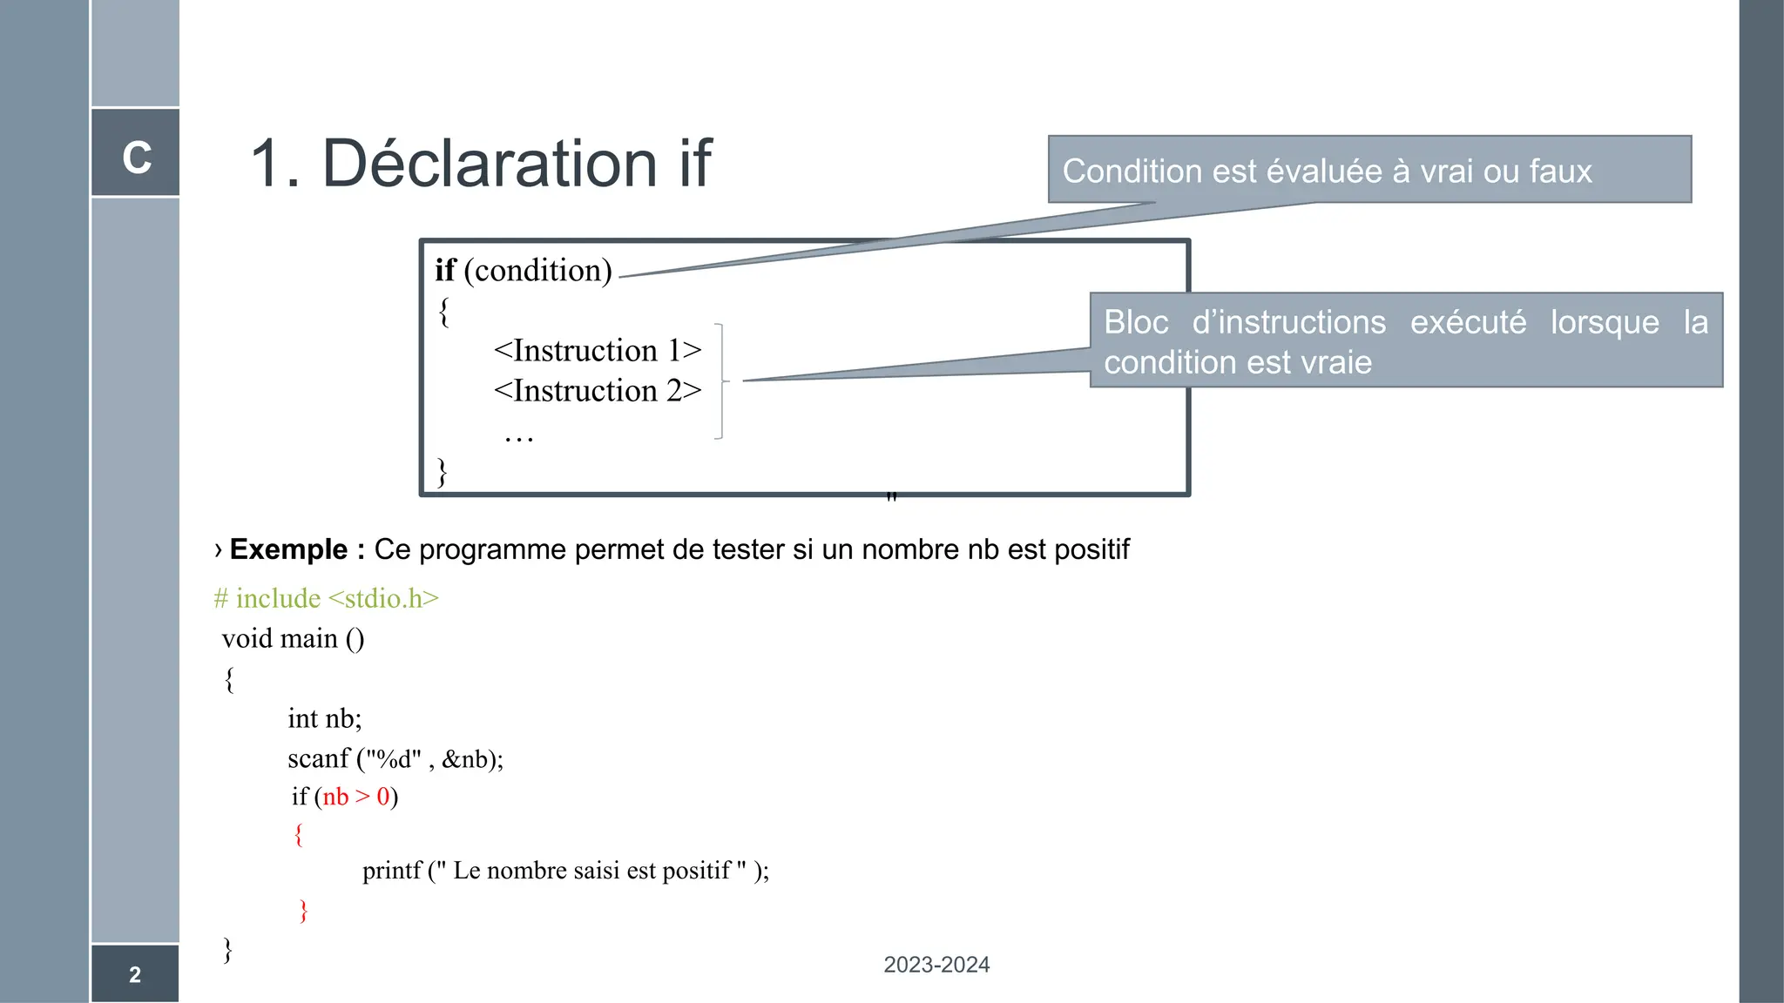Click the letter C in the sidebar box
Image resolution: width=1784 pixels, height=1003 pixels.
pyautogui.click(x=137, y=158)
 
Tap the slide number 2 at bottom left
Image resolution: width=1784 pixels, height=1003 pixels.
pyautogui.click(x=135, y=974)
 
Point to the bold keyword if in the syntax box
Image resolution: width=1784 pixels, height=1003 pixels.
pyautogui.click(x=445, y=271)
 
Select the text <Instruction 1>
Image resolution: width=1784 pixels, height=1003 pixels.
pyautogui.click(x=598, y=351)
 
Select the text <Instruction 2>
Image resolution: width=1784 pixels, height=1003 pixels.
pyautogui.click(x=598, y=391)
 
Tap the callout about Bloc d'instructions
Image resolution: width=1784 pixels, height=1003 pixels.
pyautogui.click(x=1405, y=341)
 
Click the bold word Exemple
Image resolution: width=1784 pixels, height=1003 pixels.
pyautogui.click(x=288, y=549)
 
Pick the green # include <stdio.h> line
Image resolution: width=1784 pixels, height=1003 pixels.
pyautogui.click(x=326, y=598)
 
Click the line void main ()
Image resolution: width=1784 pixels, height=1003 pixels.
pyautogui.click(x=293, y=638)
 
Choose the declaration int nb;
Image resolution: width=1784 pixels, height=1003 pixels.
pyautogui.click(x=324, y=718)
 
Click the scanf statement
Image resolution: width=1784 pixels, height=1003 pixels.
pyautogui.click(x=395, y=758)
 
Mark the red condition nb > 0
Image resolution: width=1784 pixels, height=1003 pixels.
pyautogui.click(x=356, y=797)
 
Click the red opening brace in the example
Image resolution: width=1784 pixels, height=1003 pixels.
pyautogui.click(x=299, y=834)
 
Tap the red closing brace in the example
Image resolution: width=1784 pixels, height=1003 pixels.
pyautogui.click(x=303, y=910)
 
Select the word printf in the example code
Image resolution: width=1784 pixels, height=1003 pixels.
pyautogui.click(x=392, y=871)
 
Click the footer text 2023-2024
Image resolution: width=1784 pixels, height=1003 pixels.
pyautogui.click(x=936, y=965)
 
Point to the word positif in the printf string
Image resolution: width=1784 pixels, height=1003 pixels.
pyautogui.click(x=696, y=871)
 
